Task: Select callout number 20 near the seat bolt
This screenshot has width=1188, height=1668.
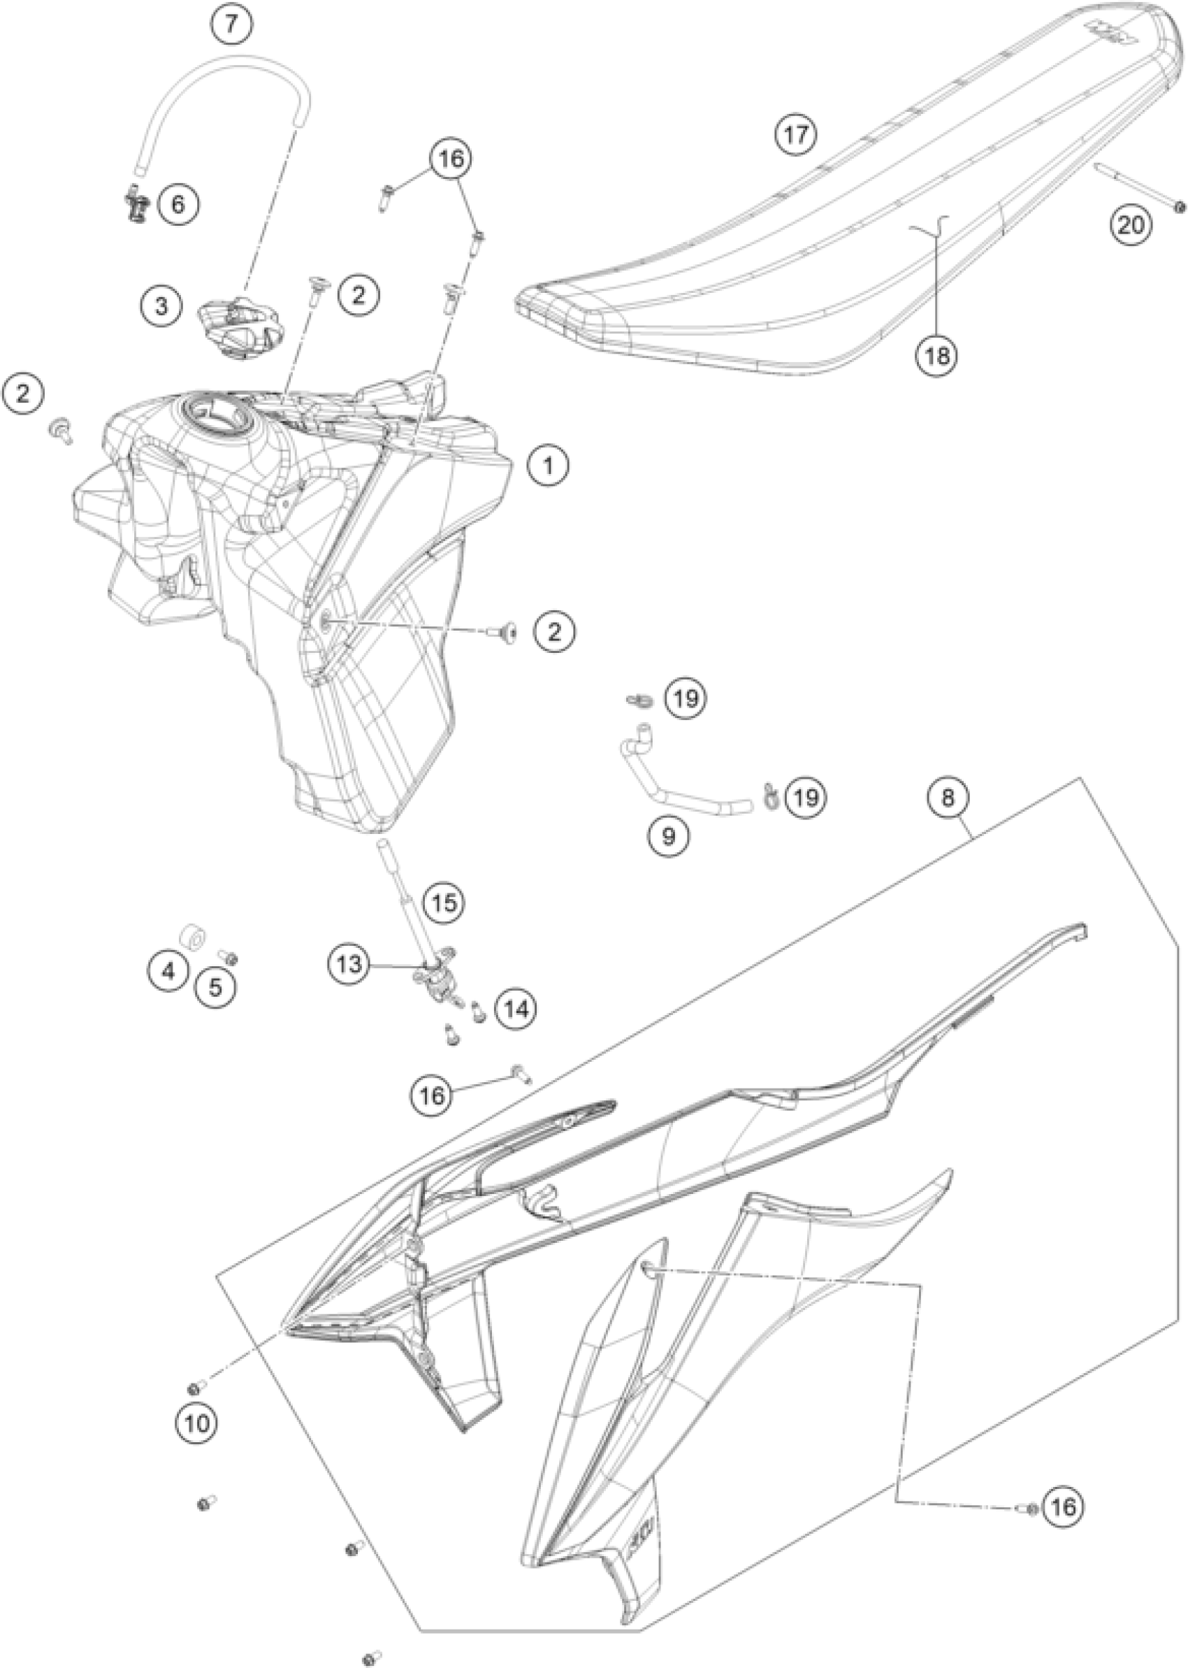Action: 1130,224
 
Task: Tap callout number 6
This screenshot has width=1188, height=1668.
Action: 178,204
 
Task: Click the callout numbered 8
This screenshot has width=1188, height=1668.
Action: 948,798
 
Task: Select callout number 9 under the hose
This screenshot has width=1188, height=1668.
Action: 669,835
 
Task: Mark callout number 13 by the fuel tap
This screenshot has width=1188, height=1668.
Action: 349,963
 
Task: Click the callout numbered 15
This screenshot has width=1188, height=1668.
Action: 444,902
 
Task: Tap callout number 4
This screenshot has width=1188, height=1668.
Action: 169,972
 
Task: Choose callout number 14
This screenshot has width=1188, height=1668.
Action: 516,1009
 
